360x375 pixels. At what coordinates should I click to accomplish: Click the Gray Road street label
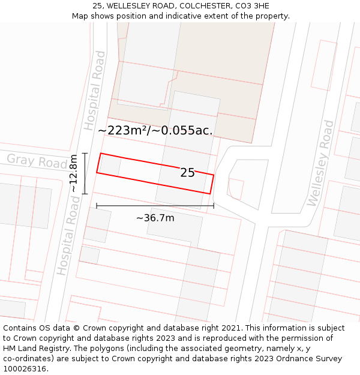[37, 161]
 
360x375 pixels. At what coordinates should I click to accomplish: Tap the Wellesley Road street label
[320, 163]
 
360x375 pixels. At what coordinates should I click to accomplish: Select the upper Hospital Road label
[95, 91]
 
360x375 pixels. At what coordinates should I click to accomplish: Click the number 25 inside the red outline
[187, 173]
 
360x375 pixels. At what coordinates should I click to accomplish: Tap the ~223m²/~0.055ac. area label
[155, 130]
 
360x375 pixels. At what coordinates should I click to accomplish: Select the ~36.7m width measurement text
[155, 218]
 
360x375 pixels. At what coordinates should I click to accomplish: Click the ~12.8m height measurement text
[73, 173]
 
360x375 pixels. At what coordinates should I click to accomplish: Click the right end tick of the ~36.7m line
[214, 206]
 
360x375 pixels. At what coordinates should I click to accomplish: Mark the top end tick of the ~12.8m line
[85, 153]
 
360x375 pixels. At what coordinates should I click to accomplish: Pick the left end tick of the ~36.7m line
[97, 206]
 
